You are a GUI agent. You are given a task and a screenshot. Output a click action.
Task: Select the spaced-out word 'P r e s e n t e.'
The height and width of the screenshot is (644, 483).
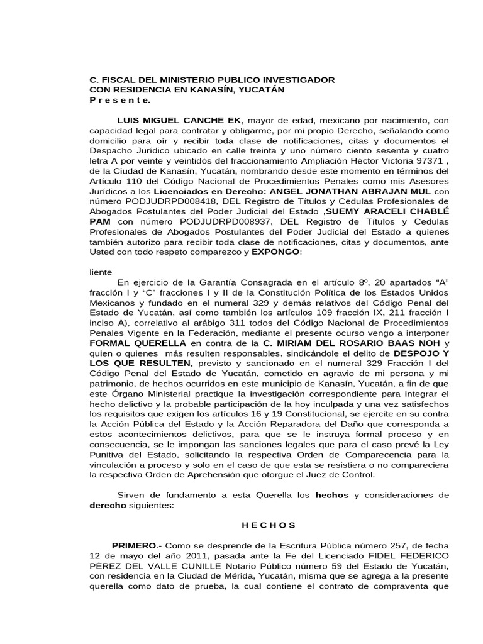click(x=119, y=100)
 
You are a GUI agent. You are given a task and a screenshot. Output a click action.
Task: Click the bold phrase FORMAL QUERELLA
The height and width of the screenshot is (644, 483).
click(x=138, y=343)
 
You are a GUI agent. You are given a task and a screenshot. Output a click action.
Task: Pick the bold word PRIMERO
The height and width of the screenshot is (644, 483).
click(x=133, y=546)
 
